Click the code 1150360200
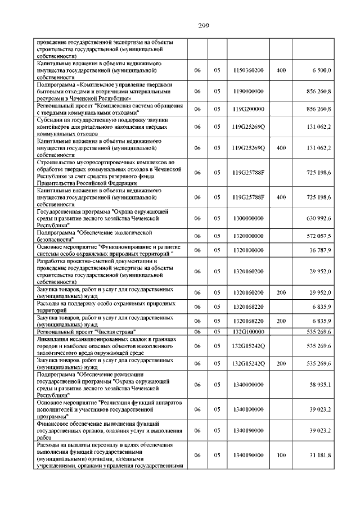248,70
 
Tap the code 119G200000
248,109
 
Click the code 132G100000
248,332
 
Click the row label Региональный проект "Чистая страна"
87,332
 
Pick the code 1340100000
248,409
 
